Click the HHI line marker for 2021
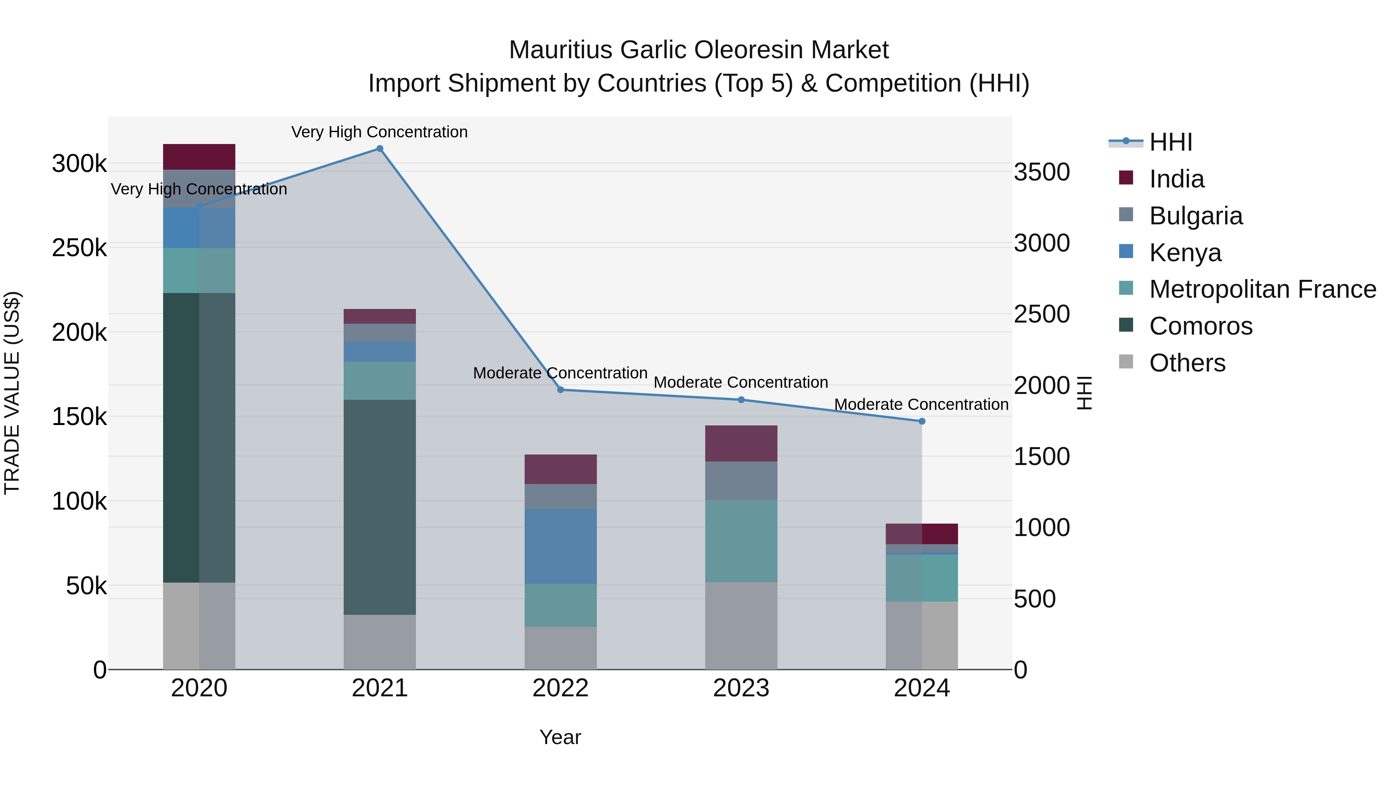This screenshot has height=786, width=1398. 379,149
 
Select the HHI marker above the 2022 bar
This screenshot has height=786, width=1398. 561,389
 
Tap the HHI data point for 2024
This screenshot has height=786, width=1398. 922,421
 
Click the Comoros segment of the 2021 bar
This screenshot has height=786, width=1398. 379,507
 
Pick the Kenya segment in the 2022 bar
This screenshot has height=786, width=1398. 561,546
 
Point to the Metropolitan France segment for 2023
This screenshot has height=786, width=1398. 741,541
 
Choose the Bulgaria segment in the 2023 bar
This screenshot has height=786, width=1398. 741,481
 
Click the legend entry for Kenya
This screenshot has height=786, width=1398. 1185,253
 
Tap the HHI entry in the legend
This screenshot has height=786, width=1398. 1170,142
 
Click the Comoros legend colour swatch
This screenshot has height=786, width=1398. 1126,325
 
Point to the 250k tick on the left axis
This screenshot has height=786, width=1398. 79,248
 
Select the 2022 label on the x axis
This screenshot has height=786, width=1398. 561,688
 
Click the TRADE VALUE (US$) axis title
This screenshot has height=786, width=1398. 12,393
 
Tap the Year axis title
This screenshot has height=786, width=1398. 560,737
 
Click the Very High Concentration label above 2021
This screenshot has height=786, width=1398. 379,132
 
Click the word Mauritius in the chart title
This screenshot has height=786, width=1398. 561,50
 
